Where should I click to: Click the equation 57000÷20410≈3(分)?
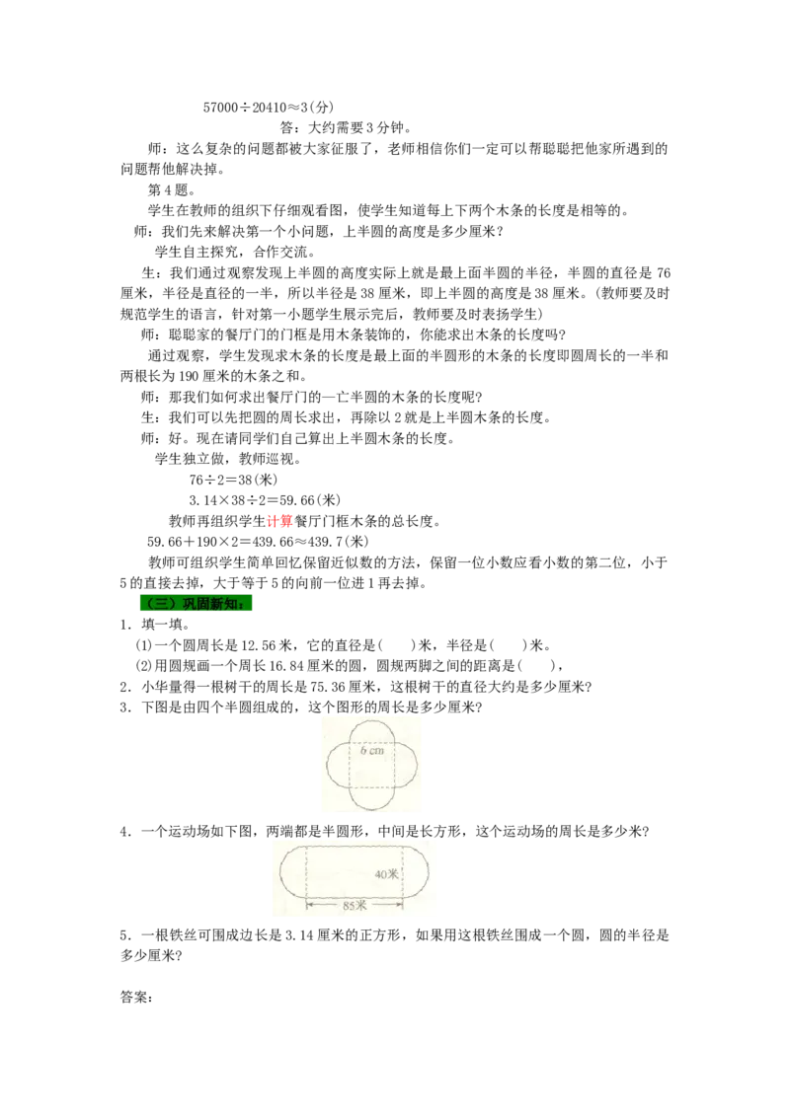point(268,108)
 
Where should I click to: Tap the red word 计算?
point(279,521)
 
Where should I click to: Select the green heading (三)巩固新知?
point(197,603)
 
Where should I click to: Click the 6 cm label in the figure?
point(371,750)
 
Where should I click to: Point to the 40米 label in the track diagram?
point(386,874)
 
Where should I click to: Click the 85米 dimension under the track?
point(355,906)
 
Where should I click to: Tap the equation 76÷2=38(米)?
point(233,481)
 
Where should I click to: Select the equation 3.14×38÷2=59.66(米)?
point(265,501)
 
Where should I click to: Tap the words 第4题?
point(171,190)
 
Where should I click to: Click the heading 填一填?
point(165,625)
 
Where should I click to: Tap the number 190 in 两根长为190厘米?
point(189,376)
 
